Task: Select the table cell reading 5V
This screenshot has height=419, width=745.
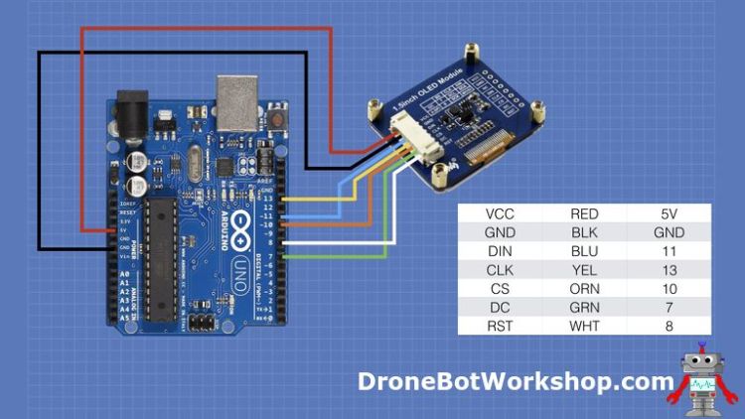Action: click(x=668, y=213)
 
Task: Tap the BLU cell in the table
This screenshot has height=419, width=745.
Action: click(x=583, y=251)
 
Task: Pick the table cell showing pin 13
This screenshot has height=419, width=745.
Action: click(x=668, y=270)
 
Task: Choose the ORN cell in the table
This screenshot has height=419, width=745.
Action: click(x=583, y=289)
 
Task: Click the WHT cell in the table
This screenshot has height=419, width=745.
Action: click(x=583, y=326)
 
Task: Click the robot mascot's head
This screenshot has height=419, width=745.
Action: click(x=703, y=364)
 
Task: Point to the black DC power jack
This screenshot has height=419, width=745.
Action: click(x=132, y=108)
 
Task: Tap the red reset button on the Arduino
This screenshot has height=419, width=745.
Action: click(x=277, y=118)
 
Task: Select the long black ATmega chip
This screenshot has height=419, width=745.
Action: click(x=163, y=260)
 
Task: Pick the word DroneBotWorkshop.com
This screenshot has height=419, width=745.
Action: click(x=516, y=381)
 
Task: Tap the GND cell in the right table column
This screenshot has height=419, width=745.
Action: click(x=668, y=232)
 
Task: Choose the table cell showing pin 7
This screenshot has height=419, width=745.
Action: click(x=668, y=308)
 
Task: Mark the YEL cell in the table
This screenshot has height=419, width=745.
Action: click(x=583, y=270)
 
